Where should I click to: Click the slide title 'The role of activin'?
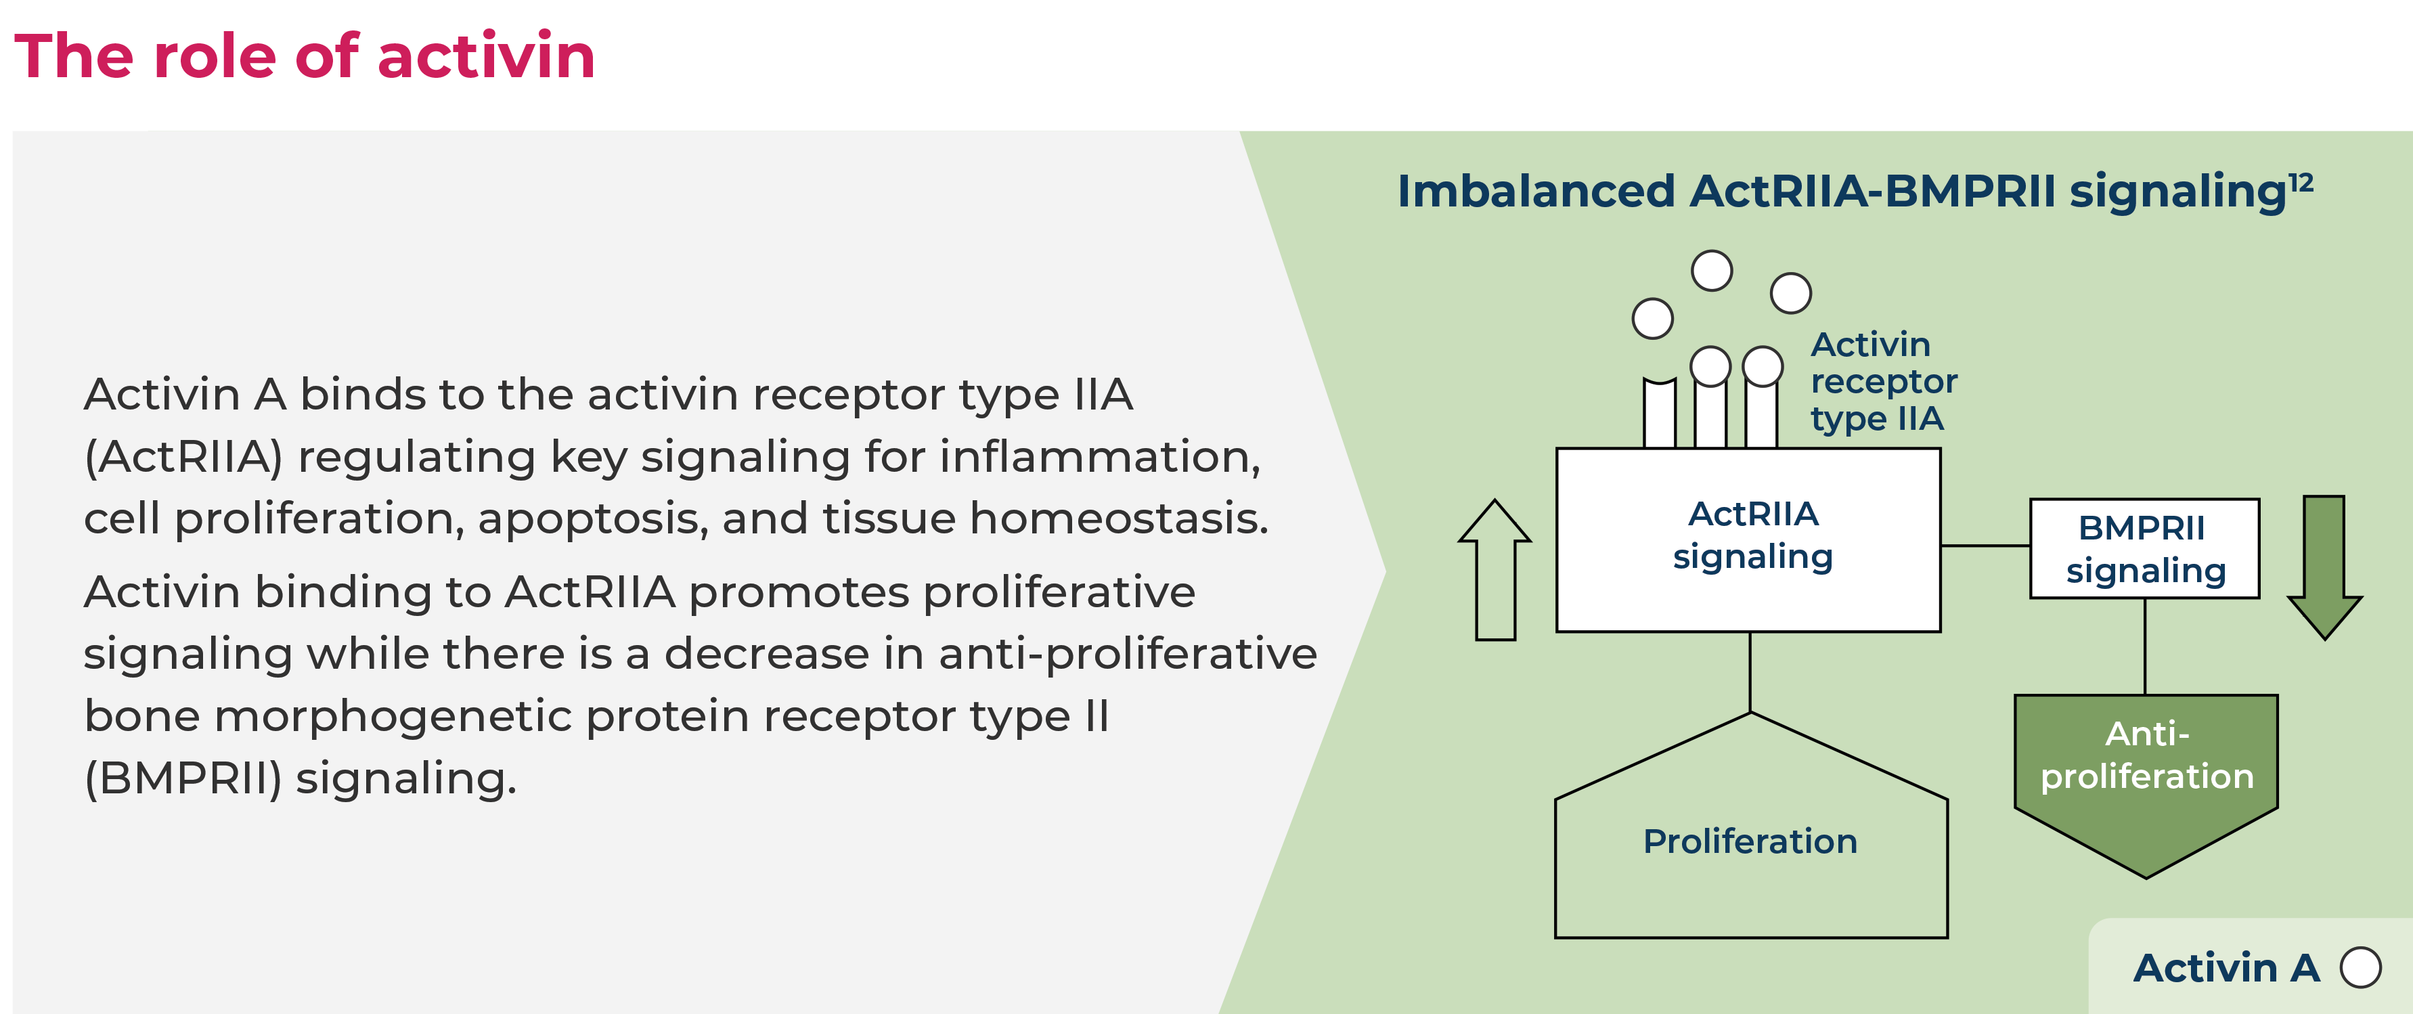click(305, 56)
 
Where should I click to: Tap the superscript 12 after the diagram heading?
click(2301, 182)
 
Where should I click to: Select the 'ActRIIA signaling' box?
click(1748, 539)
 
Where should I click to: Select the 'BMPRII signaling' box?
click(2144, 548)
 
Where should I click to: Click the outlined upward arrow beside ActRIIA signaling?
click(1495, 570)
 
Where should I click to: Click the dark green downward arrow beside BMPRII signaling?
click(2324, 568)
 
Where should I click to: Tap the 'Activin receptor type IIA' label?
click(1884, 381)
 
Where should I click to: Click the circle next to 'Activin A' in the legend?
click(2361, 967)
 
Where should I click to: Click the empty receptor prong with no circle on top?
click(1660, 412)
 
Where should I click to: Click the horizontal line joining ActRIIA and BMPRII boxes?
click(1985, 546)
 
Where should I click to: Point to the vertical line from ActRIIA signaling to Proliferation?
click(1751, 672)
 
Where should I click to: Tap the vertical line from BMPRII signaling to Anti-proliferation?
click(2145, 646)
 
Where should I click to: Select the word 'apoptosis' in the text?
click(593, 519)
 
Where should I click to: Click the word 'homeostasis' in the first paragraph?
click(1118, 519)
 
